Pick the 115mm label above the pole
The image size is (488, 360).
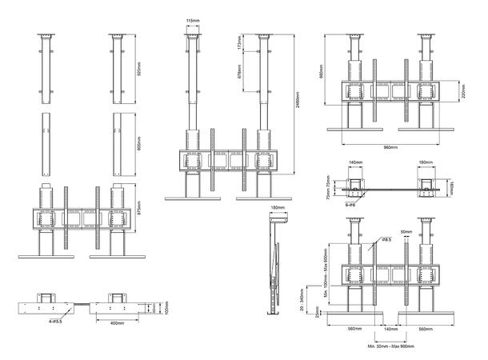tap(192, 21)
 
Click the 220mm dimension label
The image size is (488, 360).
tap(464, 94)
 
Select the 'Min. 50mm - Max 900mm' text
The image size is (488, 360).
tap(390, 347)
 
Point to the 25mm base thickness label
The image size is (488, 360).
tap(318, 314)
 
